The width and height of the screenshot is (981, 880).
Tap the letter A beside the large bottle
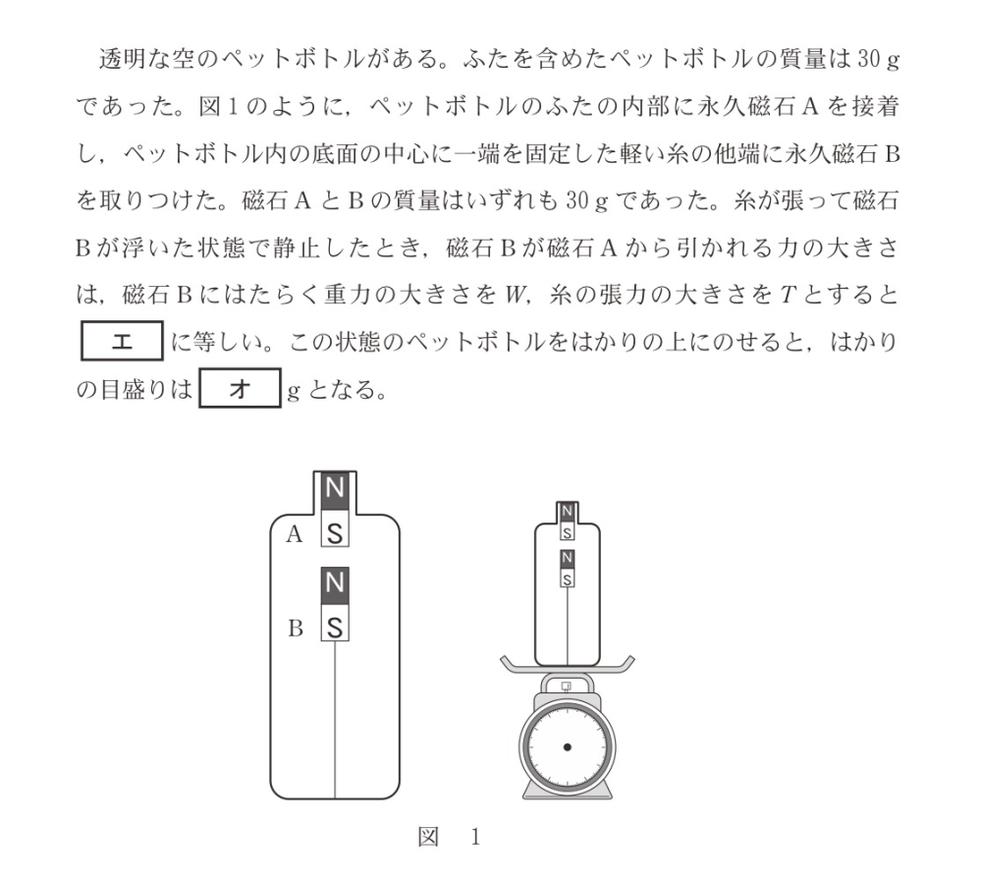(x=293, y=535)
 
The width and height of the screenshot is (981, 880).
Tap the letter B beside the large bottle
(x=295, y=630)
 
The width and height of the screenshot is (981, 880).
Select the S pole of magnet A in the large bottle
(x=336, y=533)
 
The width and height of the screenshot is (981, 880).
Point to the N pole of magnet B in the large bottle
(x=336, y=582)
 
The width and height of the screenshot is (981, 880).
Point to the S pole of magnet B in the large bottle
(x=336, y=626)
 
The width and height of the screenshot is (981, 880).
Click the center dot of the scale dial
(x=568, y=748)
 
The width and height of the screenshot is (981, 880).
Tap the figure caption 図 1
(x=449, y=838)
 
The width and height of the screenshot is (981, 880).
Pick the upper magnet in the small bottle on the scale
(x=568, y=522)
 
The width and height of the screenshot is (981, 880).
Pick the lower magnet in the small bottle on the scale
(x=568, y=569)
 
